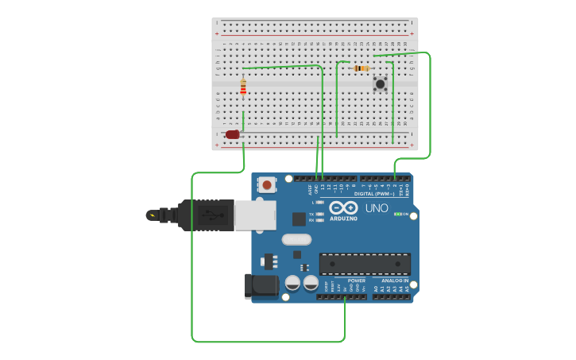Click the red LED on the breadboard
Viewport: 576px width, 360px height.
pyautogui.click(x=232, y=134)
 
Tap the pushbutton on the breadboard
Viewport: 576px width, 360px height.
pyautogui.click(x=380, y=83)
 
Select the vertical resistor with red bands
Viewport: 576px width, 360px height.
pyautogui.click(x=243, y=87)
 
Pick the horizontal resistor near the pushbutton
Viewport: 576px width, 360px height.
pyautogui.click(x=361, y=68)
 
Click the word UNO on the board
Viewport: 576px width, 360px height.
pyautogui.click(x=377, y=208)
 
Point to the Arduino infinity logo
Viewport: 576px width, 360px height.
pyautogui.click(x=343, y=207)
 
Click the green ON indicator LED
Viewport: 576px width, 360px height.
pyautogui.click(x=396, y=214)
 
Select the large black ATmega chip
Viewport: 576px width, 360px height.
pyautogui.click(x=365, y=264)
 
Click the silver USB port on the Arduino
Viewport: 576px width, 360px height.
pyautogui.click(x=255, y=215)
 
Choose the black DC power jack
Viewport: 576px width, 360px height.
pyautogui.click(x=261, y=286)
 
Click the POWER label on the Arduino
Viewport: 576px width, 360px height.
pyautogui.click(x=357, y=281)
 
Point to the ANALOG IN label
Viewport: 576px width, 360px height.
pyautogui.click(x=395, y=281)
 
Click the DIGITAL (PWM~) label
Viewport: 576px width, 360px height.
pyautogui.click(x=374, y=194)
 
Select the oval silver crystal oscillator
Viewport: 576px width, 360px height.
pyautogui.click(x=296, y=239)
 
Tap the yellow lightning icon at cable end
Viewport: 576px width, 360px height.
pyautogui.click(x=151, y=215)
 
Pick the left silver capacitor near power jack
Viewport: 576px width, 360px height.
pyautogui.click(x=292, y=282)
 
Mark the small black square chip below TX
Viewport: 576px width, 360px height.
pyautogui.click(x=299, y=219)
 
